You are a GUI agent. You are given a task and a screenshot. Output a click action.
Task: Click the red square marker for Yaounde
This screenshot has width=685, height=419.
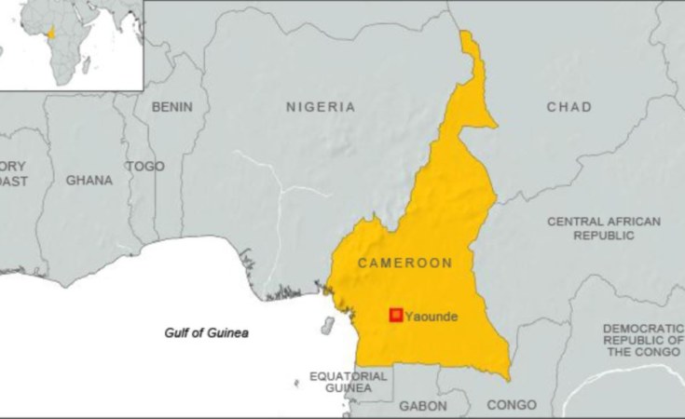tap(395, 315)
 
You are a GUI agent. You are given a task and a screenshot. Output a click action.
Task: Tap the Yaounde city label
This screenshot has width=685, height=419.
tap(431, 317)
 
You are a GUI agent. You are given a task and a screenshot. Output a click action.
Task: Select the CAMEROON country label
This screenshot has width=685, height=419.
tap(405, 264)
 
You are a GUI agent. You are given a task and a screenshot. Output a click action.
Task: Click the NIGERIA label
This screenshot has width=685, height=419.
tap(320, 107)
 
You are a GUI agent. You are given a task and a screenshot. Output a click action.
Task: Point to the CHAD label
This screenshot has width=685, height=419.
tap(569, 107)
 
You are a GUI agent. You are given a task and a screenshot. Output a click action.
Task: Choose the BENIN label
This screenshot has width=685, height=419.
tap(171, 106)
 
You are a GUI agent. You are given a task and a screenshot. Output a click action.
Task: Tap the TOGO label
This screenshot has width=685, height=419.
tap(145, 166)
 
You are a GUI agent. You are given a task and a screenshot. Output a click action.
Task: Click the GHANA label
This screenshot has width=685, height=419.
tap(89, 180)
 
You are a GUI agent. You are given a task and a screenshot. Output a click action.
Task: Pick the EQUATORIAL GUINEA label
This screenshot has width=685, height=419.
tap(349, 382)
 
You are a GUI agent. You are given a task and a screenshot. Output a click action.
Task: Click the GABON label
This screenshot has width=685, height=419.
tap(423, 406)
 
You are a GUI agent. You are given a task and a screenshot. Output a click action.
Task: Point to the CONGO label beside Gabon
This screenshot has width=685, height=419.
tap(512, 405)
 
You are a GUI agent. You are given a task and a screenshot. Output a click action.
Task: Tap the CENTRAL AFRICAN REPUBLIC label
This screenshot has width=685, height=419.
tap(604, 228)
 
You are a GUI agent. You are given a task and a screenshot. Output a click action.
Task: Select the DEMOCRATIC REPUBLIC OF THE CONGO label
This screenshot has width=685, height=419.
tap(643, 340)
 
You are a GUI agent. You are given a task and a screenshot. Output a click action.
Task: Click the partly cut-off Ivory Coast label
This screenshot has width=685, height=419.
tap(13, 173)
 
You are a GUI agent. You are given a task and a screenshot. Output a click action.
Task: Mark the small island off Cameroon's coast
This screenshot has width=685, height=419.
tap(328, 326)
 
